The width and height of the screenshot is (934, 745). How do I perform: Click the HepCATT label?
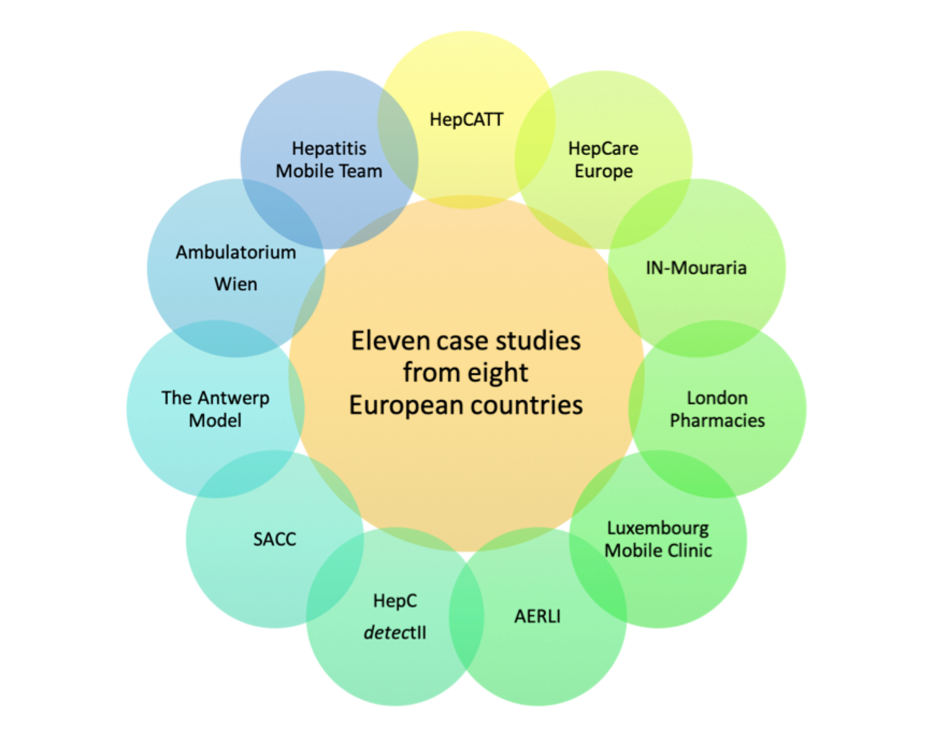[x=466, y=119]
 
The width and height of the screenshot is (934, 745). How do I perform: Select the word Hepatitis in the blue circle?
[x=329, y=148]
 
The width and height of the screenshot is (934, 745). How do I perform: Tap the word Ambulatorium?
[x=236, y=252]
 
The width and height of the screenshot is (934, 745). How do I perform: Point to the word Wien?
[x=236, y=284]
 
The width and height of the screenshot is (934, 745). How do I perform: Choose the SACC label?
[x=275, y=539]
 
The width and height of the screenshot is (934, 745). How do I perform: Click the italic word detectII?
[x=395, y=632]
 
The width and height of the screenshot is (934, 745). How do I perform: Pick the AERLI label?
[x=537, y=616]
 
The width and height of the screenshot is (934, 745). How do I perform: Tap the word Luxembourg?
[x=658, y=528]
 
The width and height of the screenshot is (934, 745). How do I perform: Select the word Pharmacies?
[x=717, y=420]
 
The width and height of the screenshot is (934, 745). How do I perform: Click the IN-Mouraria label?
[x=696, y=268]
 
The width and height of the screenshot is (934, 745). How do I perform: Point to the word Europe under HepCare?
[x=603, y=171]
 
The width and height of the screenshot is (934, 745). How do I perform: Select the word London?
[x=717, y=398]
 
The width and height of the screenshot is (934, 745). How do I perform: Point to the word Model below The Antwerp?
[x=215, y=420]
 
